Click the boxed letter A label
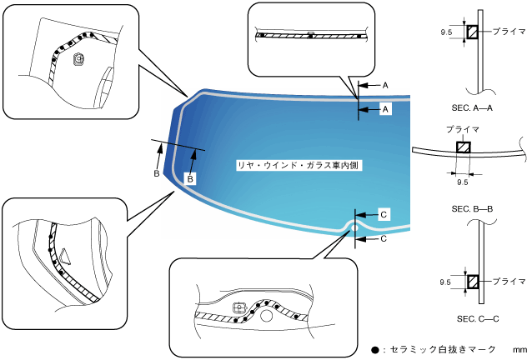(x=384, y=108)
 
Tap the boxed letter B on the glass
(x=190, y=178)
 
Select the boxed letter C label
(x=383, y=214)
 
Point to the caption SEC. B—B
(x=471, y=207)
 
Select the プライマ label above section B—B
(x=463, y=130)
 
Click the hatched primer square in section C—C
(x=472, y=282)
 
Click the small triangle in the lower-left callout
(x=64, y=254)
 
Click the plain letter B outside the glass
(x=156, y=173)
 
